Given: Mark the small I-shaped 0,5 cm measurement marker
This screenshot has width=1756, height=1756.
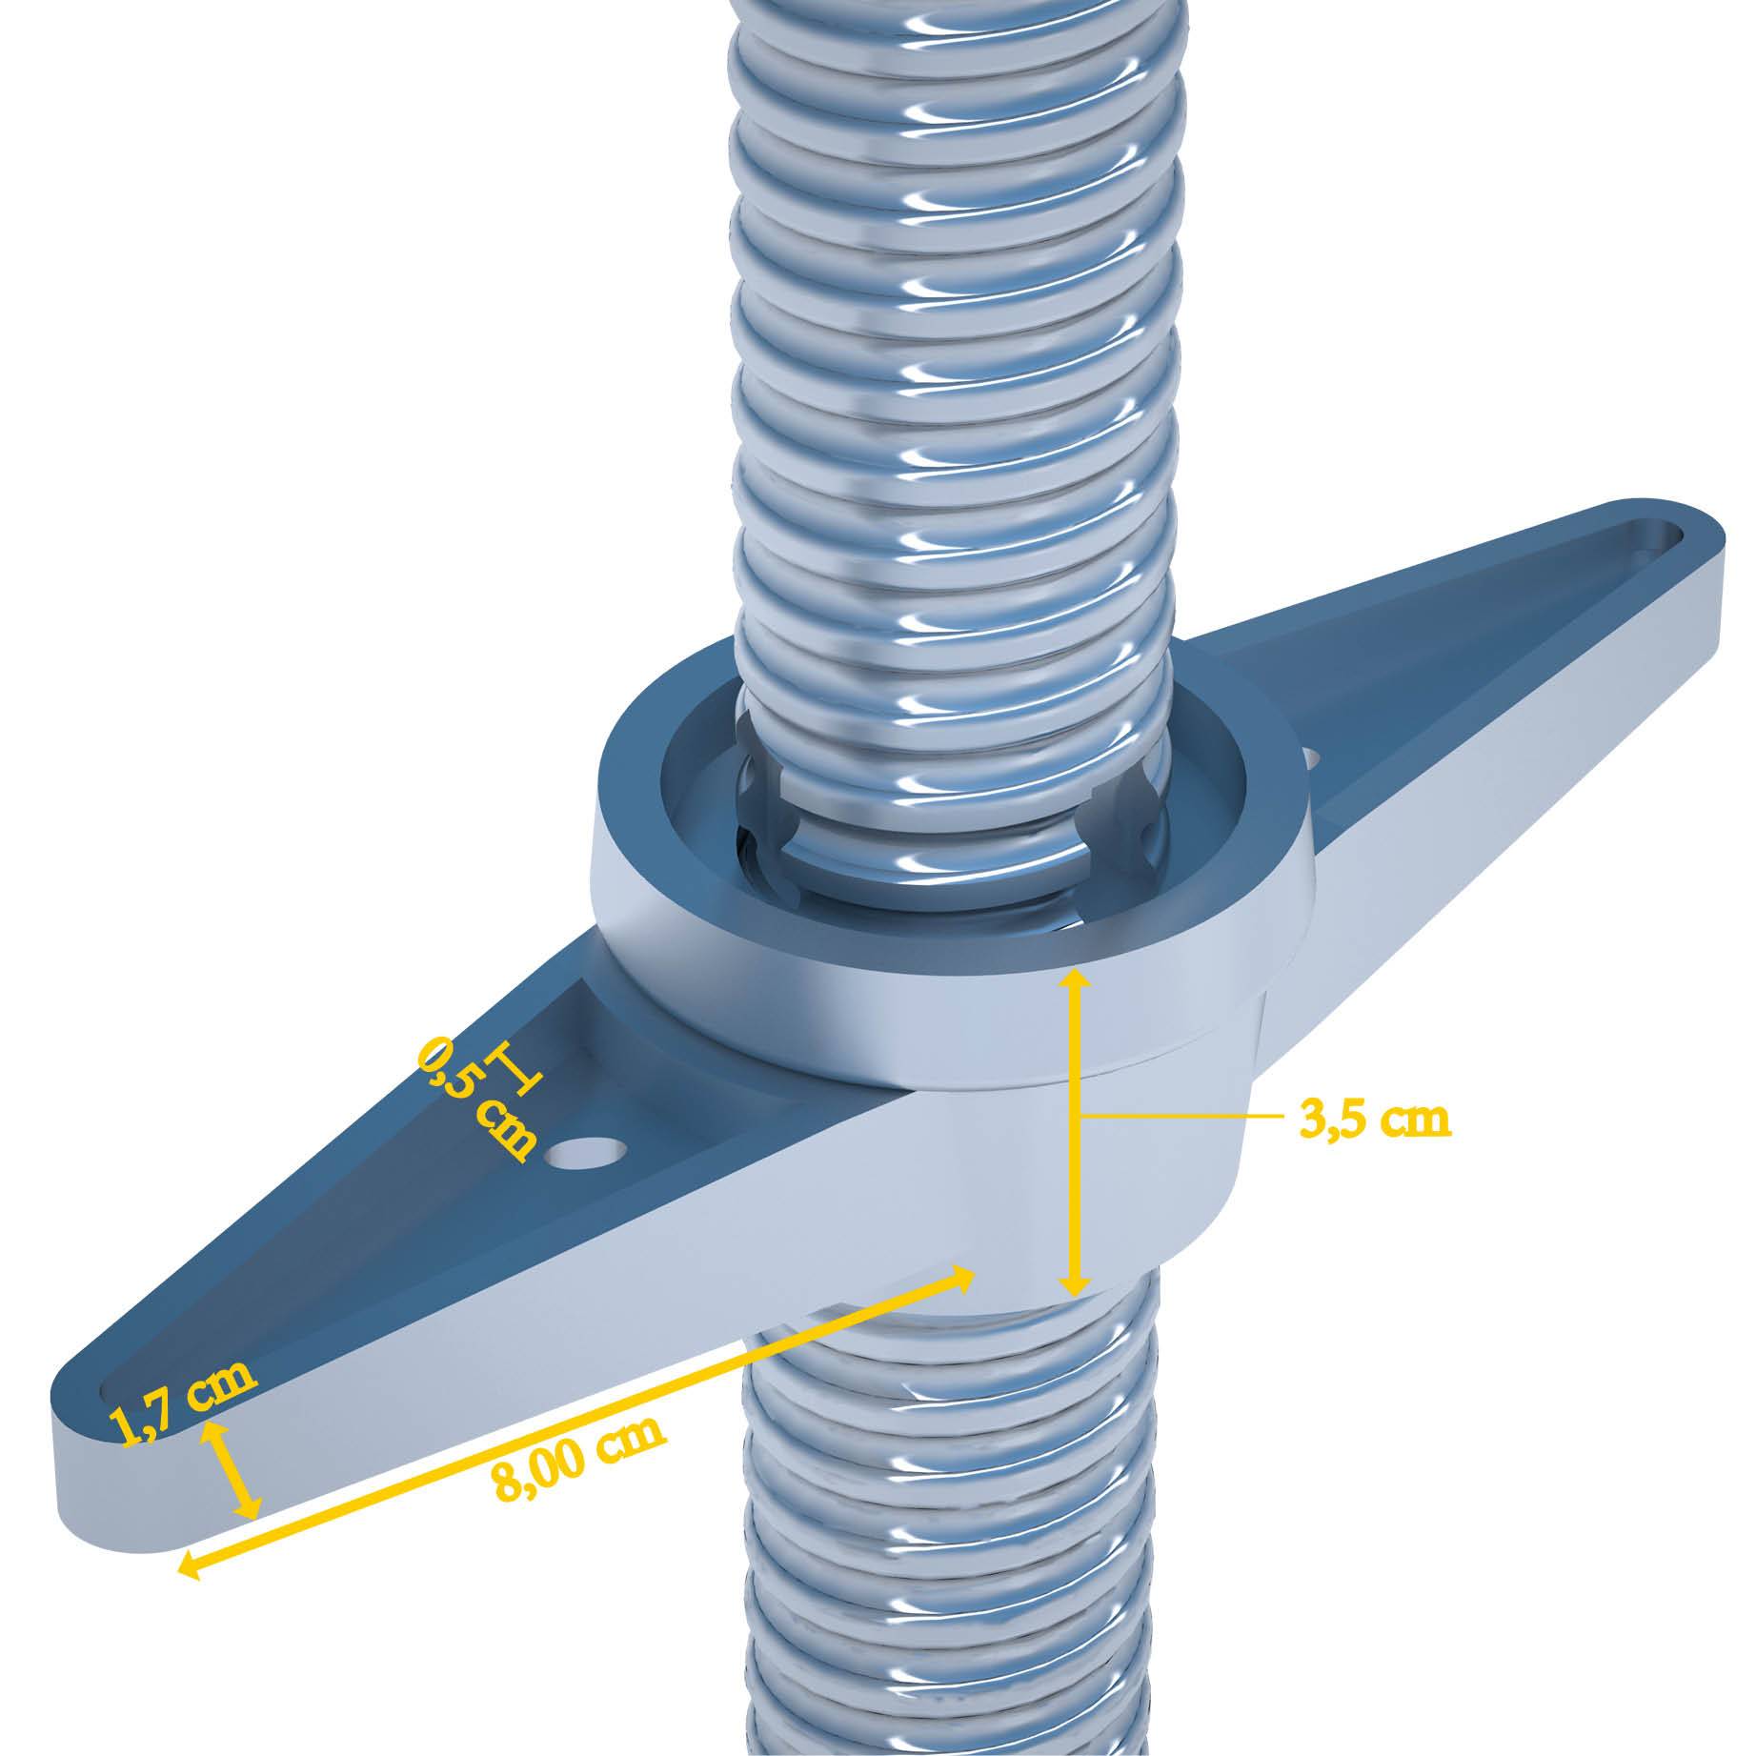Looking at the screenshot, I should (x=514, y=1068).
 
